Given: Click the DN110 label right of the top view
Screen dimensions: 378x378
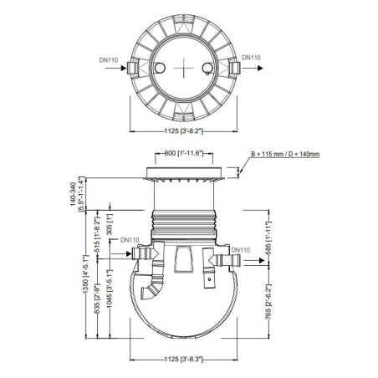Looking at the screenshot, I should (x=252, y=58).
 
